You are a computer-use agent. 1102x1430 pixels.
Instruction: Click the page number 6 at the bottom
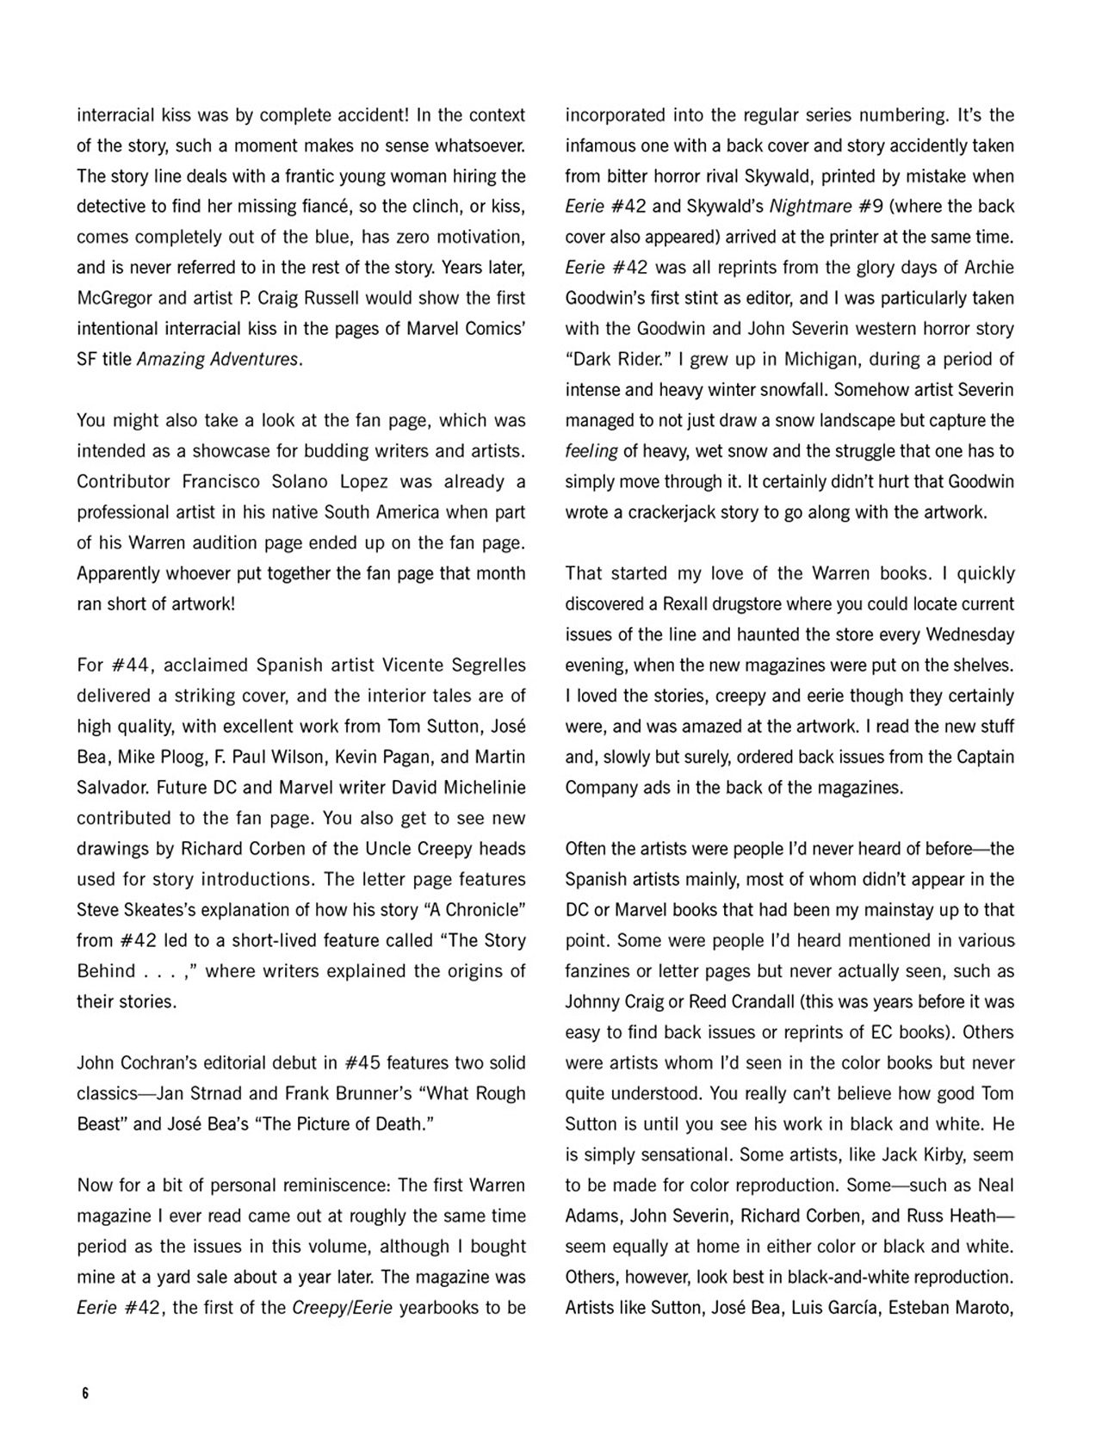pos(85,1393)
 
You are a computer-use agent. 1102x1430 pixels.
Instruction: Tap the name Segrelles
pos(484,665)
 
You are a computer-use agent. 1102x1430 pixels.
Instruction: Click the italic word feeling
pos(591,451)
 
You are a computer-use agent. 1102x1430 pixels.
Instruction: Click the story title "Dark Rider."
pos(612,359)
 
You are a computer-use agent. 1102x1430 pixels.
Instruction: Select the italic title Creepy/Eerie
pos(343,1307)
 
